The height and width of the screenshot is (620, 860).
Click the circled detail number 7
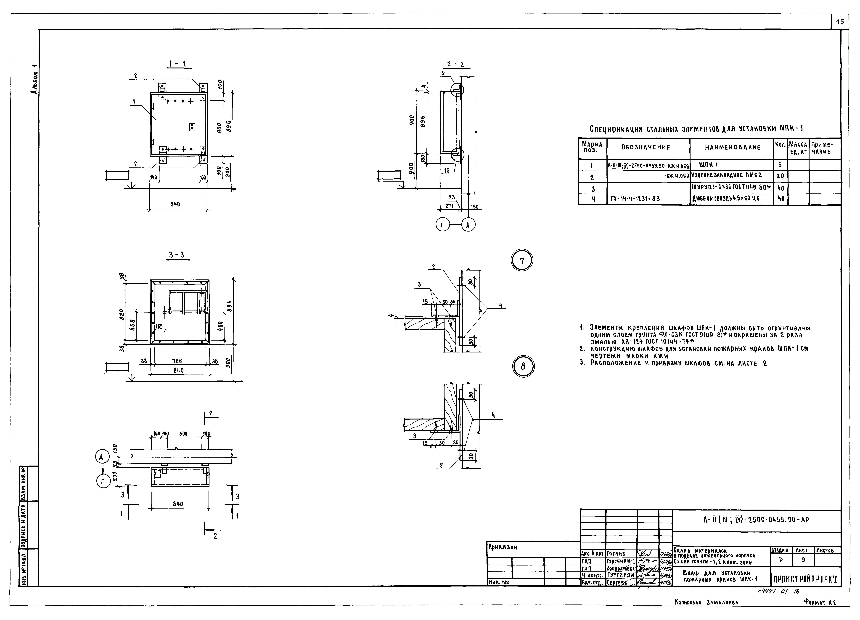click(522, 261)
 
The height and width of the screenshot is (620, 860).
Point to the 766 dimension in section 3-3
click(177, 361)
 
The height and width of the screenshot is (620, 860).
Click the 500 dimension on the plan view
click(183, 434)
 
